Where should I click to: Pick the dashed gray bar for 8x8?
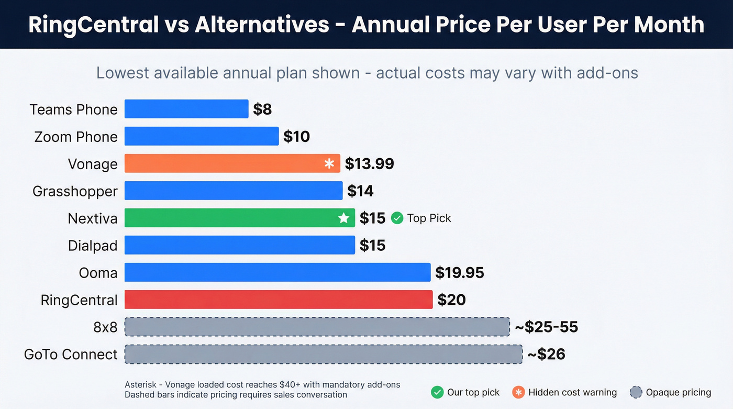tap(317, 327)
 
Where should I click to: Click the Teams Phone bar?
tap(186, 109)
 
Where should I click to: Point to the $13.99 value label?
tap(369, 164)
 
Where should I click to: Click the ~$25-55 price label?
tap(546, 327)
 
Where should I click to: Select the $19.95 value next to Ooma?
tap(460, 273)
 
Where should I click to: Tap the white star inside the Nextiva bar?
tap(343, 218)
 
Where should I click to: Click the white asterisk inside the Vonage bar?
tap(329, 164)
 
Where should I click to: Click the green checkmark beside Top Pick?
tap(397, 218)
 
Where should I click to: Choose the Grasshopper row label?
tap(75, 191)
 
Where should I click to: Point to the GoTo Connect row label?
tap(71, 355)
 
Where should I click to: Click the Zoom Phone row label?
tap(76, 137)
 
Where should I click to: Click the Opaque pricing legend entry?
tap(671, 392)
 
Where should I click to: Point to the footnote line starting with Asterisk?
tap(262, 385)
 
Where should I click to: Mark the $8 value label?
tap(262, 109)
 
